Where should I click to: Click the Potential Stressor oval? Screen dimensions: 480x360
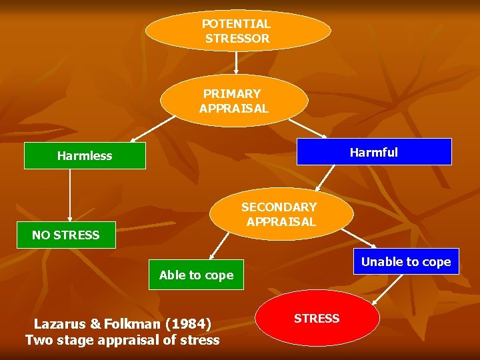coord(237,31)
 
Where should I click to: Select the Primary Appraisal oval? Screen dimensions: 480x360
coord(234,101)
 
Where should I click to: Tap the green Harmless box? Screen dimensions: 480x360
coord(85,156)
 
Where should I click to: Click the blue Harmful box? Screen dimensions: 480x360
coord(373,152)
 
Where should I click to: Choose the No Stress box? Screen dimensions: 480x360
coord(66,235)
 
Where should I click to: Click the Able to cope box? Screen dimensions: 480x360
coord(196,275)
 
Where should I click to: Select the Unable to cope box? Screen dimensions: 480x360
coord(405,262)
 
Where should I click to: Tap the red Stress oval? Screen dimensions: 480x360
coord(317,319)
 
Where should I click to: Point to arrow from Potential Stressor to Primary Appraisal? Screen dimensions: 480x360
coord(237,63)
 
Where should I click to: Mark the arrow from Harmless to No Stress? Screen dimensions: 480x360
coord(70,195)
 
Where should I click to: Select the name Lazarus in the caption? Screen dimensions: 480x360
coord(59,324)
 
